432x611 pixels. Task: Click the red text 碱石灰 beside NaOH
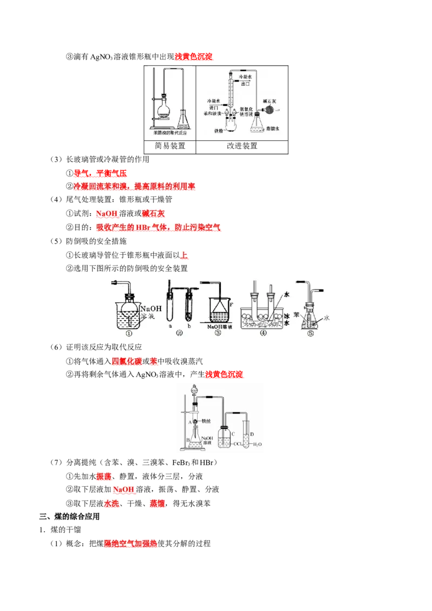point(156,213)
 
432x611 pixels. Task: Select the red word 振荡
point(104,476)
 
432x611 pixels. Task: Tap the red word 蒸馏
point(157,504)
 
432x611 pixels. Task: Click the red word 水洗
point(111,504)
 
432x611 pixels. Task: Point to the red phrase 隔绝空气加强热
point(131,544)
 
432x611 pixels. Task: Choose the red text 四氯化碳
point(126,361)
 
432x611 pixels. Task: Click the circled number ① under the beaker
point(129,334)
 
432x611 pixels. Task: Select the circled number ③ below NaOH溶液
point(218,334)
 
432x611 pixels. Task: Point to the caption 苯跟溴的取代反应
point(170,132)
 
